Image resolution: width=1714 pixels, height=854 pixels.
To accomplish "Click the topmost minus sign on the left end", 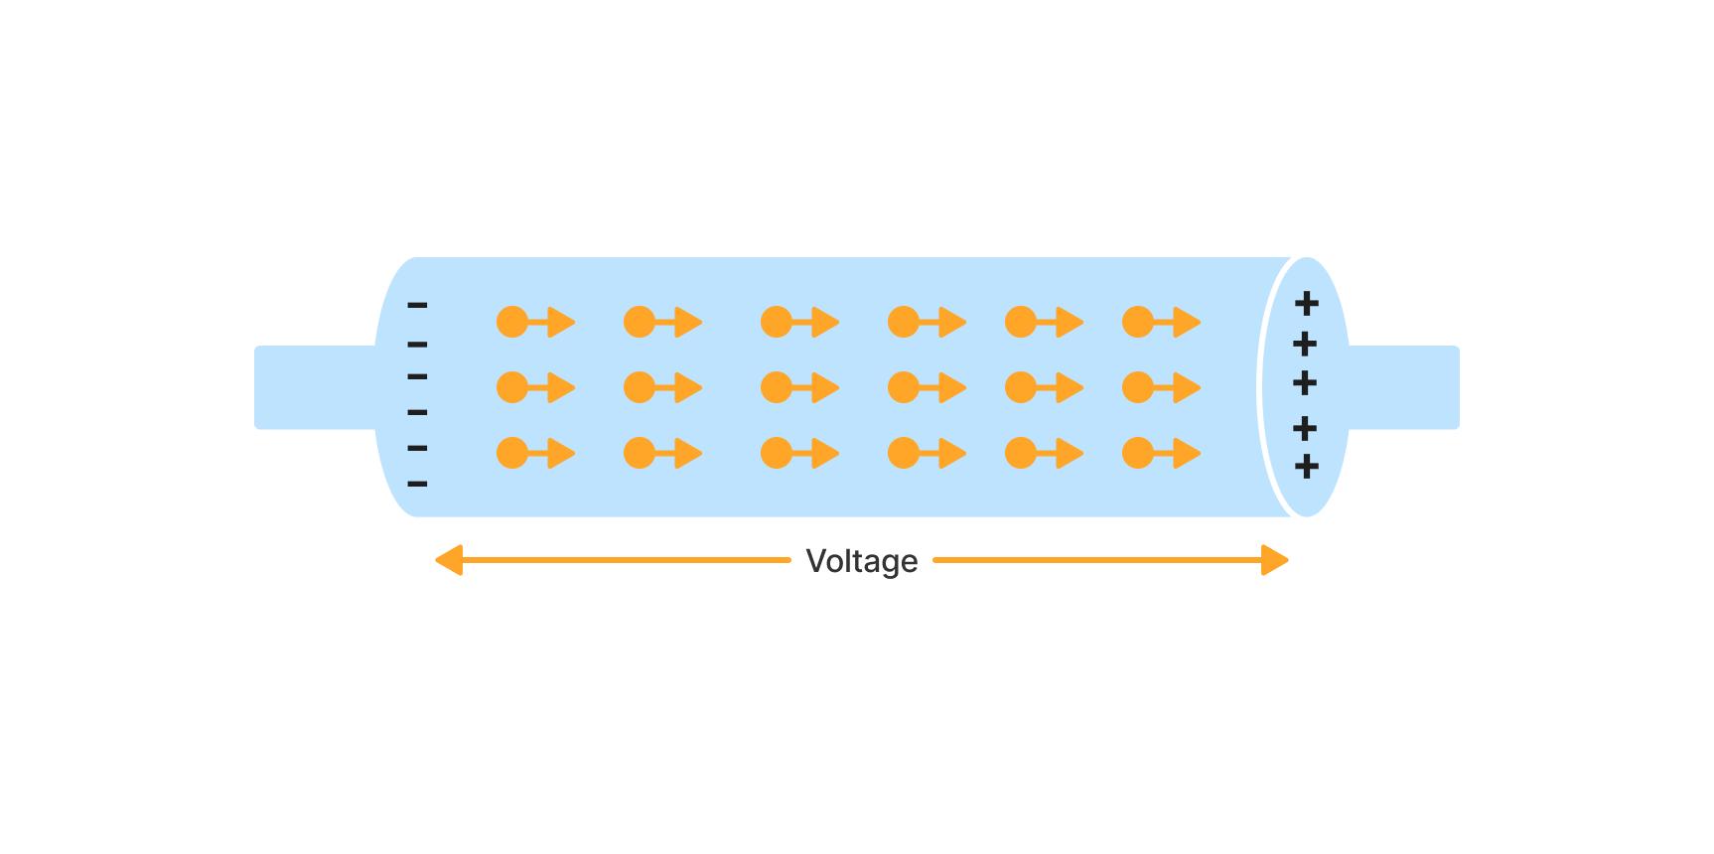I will (x=417, y=305).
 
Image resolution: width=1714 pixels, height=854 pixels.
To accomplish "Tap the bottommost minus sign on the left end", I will (x=417, y=484).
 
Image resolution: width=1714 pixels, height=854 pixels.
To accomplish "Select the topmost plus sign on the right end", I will (x=1307, y=303).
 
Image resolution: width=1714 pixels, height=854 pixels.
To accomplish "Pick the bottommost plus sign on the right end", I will (x=1307, y=466).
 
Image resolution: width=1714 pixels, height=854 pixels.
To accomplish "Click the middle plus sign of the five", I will (x=1305, y=382).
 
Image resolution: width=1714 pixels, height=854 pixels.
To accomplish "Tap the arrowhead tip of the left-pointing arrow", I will (x=438, y=560).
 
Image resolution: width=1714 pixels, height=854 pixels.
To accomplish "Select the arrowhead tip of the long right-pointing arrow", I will (x=1287, y=560).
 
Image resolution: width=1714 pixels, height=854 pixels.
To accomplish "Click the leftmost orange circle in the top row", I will (x=512, y=322).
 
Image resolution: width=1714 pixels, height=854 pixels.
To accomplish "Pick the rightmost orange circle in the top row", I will (x=1138, y=322).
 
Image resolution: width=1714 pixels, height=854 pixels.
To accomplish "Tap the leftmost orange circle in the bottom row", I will (x=512, y=453).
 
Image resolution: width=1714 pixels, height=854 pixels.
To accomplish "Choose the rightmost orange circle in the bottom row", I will (x=1138, y=453).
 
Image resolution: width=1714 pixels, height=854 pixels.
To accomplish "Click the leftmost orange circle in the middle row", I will (x=512, y=387).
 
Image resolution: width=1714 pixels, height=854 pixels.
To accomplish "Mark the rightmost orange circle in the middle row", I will (x=1138, y=387).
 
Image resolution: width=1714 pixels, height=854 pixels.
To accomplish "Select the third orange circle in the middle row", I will (x=777, y=387).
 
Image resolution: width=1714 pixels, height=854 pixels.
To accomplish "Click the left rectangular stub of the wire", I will (x=313, y=387).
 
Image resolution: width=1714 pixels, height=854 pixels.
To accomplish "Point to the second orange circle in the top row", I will (x=640, y=322).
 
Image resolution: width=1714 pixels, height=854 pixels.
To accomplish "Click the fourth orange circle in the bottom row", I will (x=904, y=453).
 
